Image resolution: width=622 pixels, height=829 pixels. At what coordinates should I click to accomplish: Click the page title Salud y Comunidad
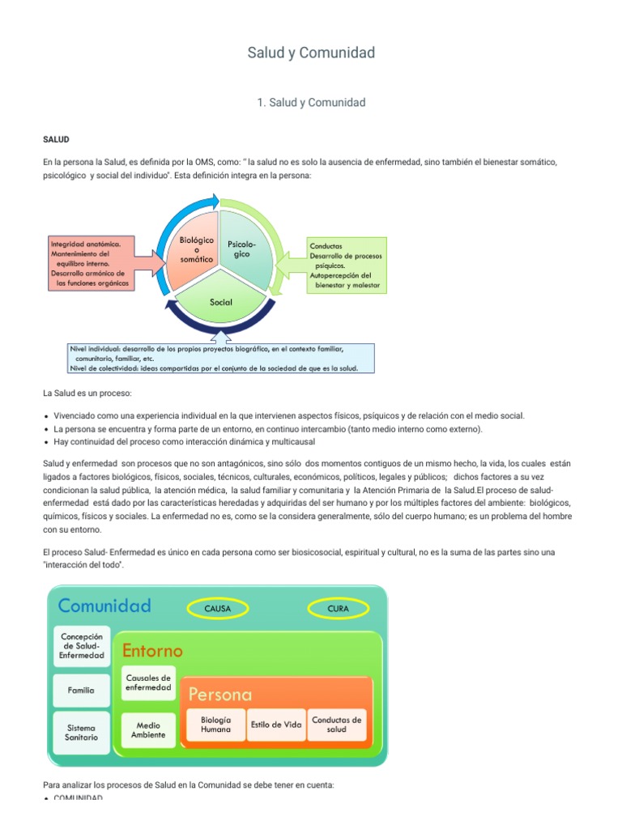311,53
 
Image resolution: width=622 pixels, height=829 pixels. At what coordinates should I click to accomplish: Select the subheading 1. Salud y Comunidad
311,102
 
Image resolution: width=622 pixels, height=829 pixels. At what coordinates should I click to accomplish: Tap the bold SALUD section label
56,139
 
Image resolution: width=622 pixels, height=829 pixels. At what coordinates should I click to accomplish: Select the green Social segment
220,302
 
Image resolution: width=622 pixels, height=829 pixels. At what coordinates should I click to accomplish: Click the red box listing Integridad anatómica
91,263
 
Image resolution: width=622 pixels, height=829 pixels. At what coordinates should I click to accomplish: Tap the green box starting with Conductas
346,265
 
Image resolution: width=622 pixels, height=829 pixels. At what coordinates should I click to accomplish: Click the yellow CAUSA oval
218,607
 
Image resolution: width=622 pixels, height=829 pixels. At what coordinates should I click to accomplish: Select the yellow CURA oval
338,607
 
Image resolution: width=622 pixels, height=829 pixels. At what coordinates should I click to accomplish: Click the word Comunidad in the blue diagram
104,606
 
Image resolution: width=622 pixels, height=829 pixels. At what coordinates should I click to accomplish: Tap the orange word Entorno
152,650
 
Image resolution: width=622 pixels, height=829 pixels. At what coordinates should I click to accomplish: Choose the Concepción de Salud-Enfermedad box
81,644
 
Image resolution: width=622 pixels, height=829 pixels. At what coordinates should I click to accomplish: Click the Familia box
81,691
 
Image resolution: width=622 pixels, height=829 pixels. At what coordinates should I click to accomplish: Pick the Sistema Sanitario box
81,732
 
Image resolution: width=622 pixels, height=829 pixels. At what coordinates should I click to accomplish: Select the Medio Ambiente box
148,729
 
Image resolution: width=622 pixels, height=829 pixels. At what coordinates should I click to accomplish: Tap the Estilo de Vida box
276,724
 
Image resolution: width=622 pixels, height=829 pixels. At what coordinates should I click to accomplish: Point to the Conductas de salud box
337,724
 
